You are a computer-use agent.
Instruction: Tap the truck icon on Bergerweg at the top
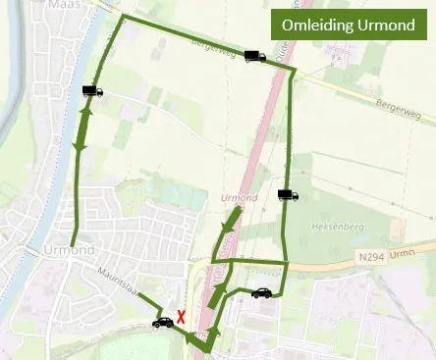254,57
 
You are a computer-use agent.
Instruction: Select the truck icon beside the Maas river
92,91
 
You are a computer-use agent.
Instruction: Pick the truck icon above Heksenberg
288,195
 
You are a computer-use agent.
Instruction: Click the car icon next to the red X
162,322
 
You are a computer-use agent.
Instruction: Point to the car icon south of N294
261,292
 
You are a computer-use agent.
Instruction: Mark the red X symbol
182,317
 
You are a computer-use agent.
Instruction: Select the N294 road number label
365,256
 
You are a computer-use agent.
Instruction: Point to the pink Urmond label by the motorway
240,198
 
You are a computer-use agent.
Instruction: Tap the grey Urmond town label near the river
68,250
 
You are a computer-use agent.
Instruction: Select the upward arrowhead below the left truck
86,113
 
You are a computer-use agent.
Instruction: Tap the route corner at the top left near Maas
122,18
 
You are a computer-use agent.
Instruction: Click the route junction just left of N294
286,263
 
